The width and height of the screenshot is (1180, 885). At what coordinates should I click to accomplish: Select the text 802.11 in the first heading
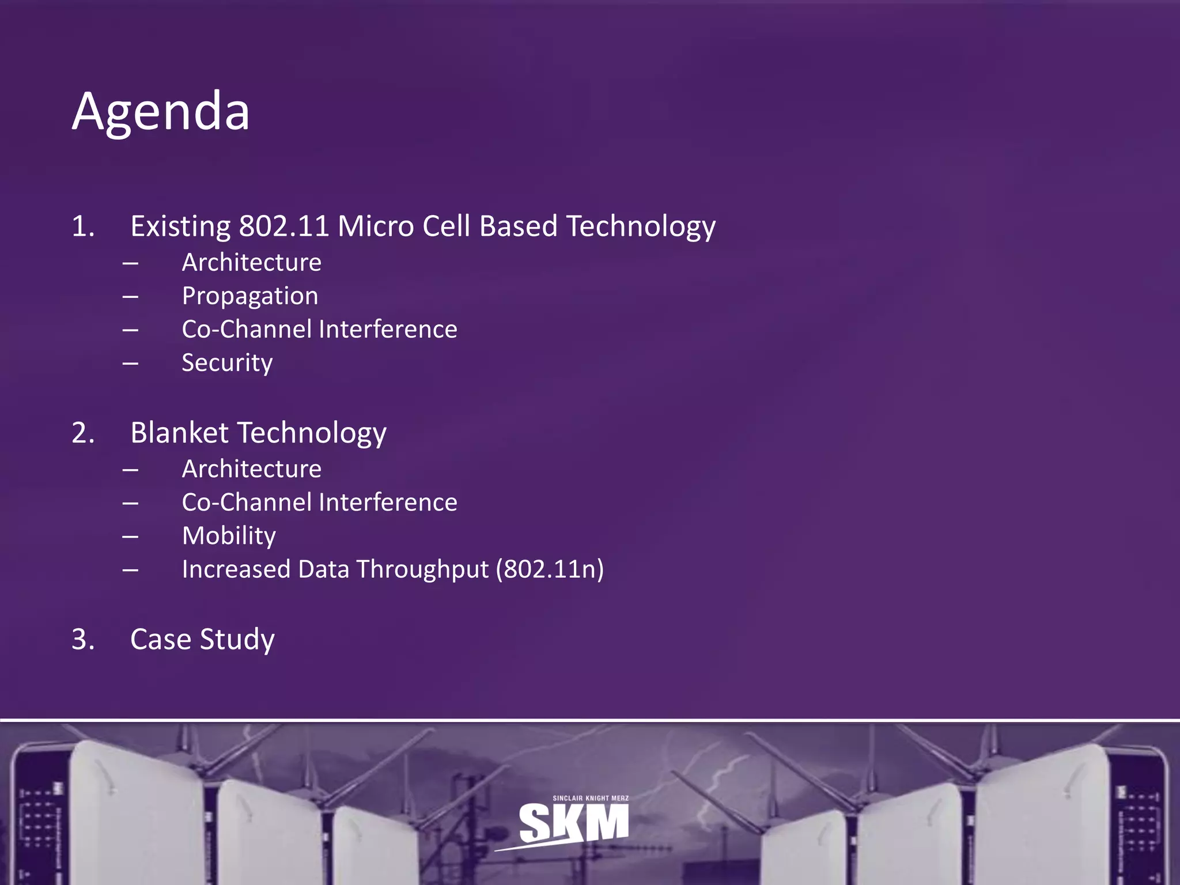(x=283, y=226)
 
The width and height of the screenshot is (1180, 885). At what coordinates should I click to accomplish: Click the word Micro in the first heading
(x=375, y=226)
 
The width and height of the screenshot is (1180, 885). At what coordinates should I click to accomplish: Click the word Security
(x=227, y=363)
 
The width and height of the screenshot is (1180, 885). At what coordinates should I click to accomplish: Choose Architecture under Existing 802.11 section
(x=251, y=263)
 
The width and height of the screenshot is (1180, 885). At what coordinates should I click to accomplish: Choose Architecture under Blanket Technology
(x=251, y=469)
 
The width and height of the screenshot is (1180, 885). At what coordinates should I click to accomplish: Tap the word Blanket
(x=179, y=433)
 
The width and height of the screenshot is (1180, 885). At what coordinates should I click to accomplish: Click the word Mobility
(x=229, y=536)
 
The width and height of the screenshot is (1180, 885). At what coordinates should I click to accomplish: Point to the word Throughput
(x=422, y=569)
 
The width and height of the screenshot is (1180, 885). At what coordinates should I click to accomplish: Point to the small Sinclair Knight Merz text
(x=591, y=798)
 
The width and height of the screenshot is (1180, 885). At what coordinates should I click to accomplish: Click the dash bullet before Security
(x=130, y=364)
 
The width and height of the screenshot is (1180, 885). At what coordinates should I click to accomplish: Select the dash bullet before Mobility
(x=130, y=536)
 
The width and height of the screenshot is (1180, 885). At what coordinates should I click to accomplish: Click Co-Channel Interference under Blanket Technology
(x=319, y=502)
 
